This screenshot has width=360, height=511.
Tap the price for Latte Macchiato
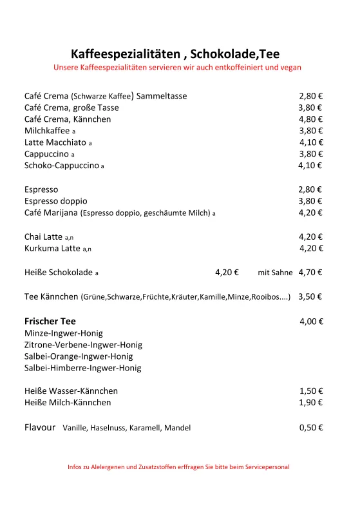pos(311,142)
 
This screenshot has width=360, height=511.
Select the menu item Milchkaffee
pos(47,131)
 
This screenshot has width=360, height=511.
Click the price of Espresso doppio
pos(310,201)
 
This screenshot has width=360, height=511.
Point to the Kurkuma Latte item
pos(53,249)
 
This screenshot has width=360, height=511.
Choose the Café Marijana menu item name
pos(51,213)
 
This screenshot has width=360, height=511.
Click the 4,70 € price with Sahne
pos(310,273)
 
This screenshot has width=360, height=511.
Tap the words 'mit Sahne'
pos(275,273)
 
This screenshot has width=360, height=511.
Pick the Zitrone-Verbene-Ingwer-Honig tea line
pos(83,345)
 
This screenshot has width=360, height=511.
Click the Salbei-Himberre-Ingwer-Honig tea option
pos(82,368)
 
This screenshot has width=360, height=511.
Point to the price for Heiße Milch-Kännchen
pos(311,403)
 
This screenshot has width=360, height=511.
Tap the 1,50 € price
pos(311,391)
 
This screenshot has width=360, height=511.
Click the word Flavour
pos(40,427)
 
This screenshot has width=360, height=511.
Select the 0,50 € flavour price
pos(311,427)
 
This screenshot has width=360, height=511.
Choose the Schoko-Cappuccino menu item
pos(62,166)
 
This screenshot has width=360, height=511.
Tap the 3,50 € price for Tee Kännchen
pos(310,297)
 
